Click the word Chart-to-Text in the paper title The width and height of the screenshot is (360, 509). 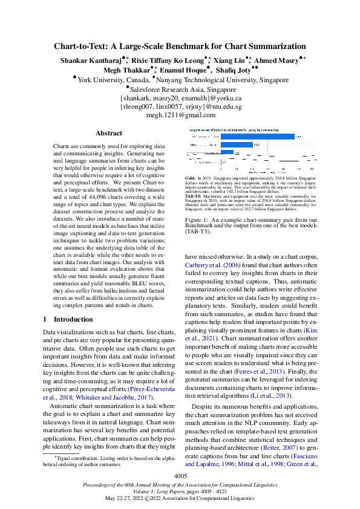[x=82, y=46]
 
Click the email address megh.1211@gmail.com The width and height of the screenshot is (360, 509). [x=181, y=115]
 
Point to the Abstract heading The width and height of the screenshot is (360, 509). [x=109, y=133]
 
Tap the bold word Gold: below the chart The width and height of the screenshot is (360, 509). [x=190, y=179]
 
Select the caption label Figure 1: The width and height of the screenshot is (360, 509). [x=198, y=220]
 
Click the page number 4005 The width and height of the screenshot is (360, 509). [x=180, y=476]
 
